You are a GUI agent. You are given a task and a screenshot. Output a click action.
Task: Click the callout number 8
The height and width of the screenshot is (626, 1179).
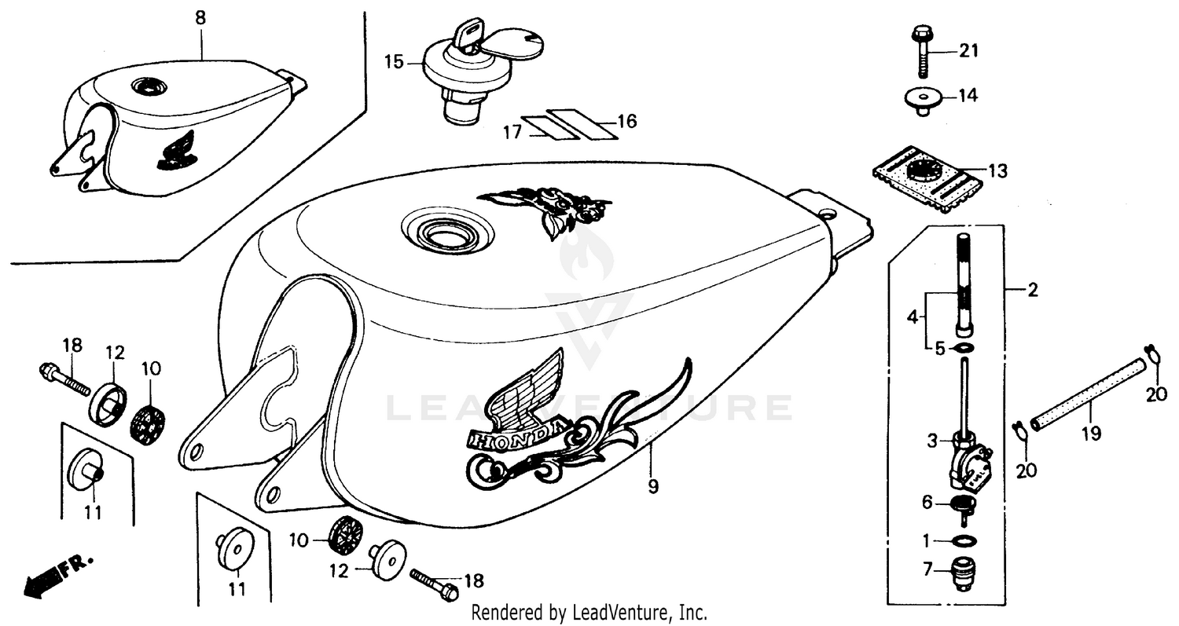click(200, 16)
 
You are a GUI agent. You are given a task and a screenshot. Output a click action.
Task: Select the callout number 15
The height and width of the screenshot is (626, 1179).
click(393, 60)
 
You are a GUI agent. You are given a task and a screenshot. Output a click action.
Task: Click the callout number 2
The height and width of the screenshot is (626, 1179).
click(1032, 291)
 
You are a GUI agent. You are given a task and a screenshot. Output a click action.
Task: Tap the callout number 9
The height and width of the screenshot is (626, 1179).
click(653, 487)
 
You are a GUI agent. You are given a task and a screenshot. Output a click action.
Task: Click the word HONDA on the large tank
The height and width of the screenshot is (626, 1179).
click(515, 437)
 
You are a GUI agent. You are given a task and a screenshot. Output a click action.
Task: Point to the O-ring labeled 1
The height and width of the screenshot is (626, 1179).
click(964, 540)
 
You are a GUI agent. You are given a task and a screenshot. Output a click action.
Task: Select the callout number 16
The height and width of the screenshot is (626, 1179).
click(626, 122)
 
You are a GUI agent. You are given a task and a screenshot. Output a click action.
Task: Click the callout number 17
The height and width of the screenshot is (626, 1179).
click(512, 133)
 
